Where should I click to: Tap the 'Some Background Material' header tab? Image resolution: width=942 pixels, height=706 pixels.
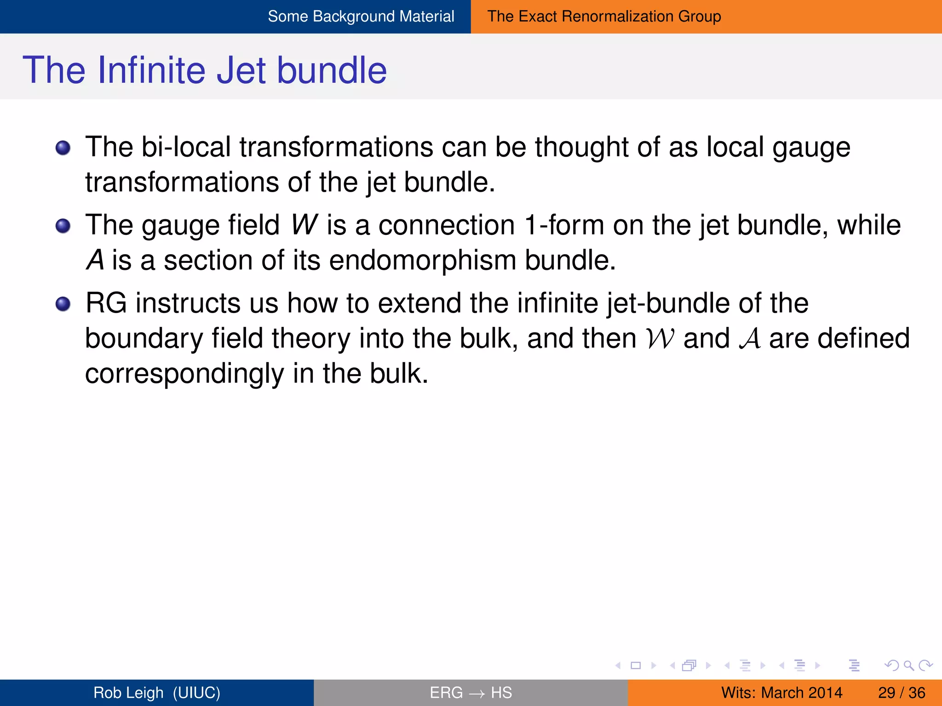click(361, 17)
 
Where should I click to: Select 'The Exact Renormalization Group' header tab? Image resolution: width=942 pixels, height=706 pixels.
click(604, 17)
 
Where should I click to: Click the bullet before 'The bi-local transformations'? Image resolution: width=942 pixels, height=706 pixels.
click(63, 148)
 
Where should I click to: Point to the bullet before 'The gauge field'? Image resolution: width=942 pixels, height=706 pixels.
click(63, 226)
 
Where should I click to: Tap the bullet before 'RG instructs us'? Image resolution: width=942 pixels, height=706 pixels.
click(63, 304)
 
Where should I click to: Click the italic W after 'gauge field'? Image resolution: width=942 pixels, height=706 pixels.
click(304, 225)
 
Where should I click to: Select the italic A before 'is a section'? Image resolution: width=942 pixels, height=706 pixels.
click(95, 260)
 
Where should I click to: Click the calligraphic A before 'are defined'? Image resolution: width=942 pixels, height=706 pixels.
click(749, 339)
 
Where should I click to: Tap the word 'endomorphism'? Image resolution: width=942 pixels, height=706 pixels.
click(423, 260)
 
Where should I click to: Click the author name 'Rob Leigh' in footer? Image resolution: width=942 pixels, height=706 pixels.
click(128, 692)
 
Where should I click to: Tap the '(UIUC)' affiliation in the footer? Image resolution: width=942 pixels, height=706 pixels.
click(196, 692)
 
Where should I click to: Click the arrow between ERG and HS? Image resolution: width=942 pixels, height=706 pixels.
click(477, 693)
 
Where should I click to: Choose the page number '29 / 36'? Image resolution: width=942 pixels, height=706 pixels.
click(901, 692)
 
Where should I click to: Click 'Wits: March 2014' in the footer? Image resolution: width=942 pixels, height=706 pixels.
click(781, 692)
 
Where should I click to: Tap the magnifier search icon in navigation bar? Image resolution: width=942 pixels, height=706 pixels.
click(908, 665)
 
